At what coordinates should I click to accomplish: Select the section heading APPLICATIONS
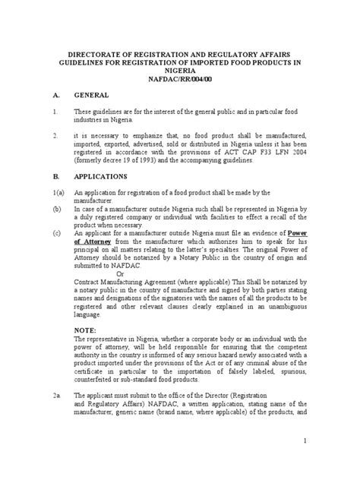pos(101,175)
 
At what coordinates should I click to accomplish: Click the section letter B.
pos(55,175)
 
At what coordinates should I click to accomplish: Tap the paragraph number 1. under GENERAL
pos(55,113)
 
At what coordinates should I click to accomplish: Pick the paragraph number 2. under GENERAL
pos(55,136)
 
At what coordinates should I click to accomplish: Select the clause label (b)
pos(56,207)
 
